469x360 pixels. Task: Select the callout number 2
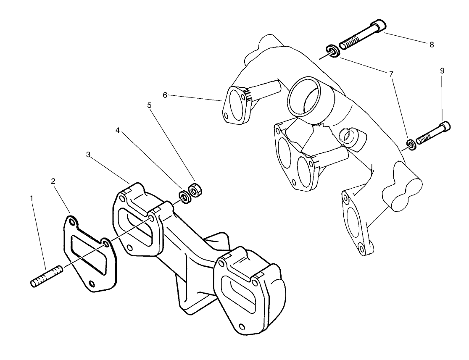tap(53, 181)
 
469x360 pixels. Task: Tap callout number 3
tap(88, 155)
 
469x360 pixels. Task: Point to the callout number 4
tap(119, 131)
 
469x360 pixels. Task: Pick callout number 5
tap(149, 105)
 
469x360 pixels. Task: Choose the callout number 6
tap(165, 95)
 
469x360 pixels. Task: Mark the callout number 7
tap(391, 74)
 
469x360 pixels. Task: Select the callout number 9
tap(442, 71)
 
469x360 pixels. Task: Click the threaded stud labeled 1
tap(47, 276)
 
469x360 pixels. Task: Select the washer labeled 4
tap(184, 197)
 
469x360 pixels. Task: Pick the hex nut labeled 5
tap(195, 191)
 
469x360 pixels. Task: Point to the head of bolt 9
tap(446, 126)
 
